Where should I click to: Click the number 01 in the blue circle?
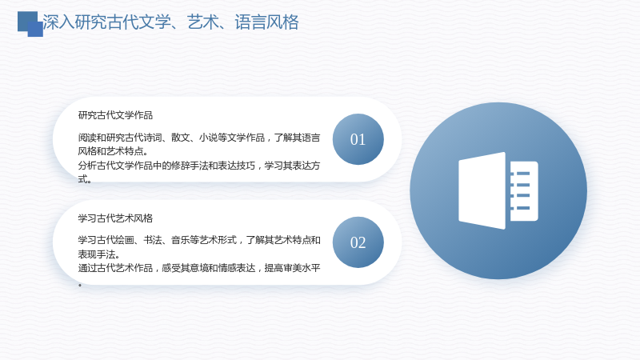(x=358, y=139)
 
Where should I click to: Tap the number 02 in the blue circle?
(x=358, y=243)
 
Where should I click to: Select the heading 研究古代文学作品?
(x=115, y=115)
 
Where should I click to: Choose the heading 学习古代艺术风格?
(x=115, y=218)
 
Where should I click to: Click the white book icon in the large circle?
(x=498, y=190)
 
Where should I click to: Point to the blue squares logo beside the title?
(x=30, y=24)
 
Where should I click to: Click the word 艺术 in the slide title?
(x=203, y=22)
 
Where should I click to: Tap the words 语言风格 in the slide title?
(x=266, y=22)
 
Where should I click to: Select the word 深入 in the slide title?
(x=58, y=22)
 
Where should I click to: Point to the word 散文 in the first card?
(x=181, y=138)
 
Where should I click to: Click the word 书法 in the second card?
(x=153, y=240)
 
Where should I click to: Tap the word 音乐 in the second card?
(x=181, y=240)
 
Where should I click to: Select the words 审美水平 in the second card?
(x=302, y=268)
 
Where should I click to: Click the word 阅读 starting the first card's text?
(x=87, y=138)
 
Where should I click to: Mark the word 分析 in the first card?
(x=87, y=166)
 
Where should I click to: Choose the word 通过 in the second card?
(x=87, y=268)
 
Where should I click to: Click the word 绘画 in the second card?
(x=125, y=240)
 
